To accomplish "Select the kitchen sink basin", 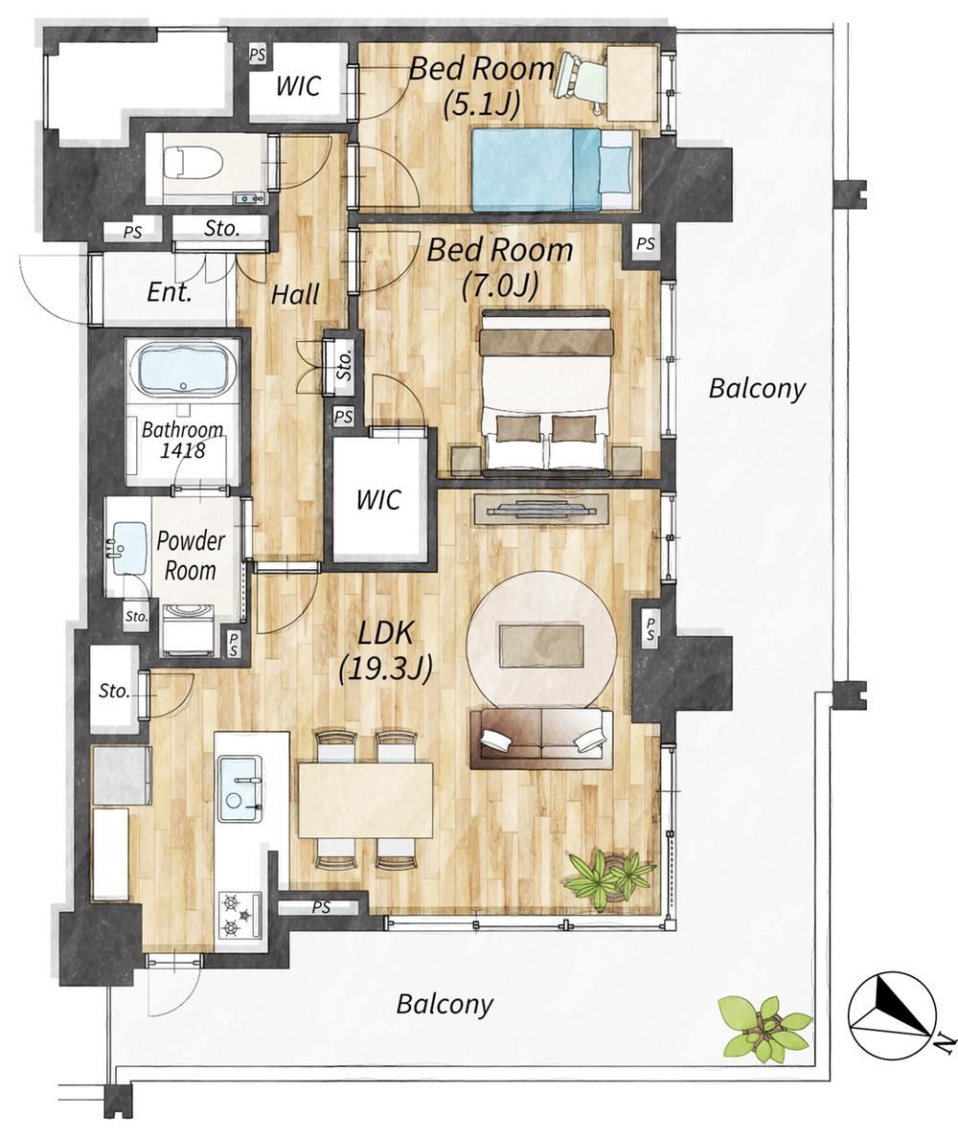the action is pos(240,789).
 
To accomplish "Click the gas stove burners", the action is pos(239,914).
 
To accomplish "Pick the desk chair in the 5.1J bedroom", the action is pos(581,80).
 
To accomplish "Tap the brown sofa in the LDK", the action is pos(541,739).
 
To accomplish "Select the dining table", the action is pos(366,798).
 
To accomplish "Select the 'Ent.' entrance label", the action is pos(170,293).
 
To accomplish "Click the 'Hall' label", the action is pos(295,295).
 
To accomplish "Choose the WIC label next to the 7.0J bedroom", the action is pos(378,499).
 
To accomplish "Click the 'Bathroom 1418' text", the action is pos(182,440).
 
